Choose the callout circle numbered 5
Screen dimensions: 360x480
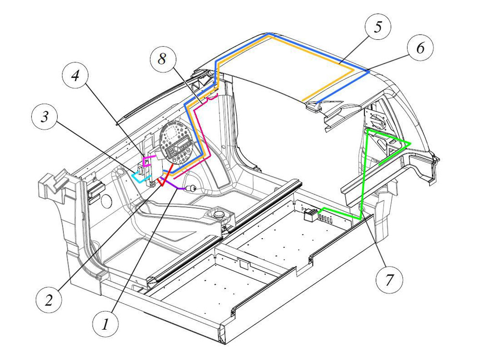point(378,27)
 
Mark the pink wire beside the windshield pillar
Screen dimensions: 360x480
point(202,139)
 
